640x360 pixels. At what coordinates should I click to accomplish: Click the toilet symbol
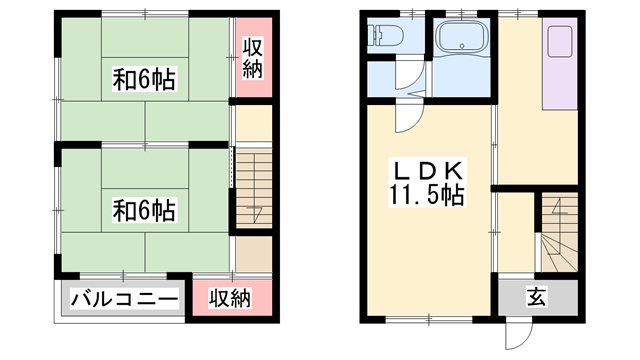coord(385,35)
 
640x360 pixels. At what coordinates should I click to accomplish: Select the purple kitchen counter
coord(560,64)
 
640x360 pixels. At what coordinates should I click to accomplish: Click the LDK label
coord(428,171)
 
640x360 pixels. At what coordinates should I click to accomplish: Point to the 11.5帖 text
coord(427,195)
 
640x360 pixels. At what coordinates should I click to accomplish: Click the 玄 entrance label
coord(536,298)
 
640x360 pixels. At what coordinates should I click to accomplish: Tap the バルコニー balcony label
coord(125,300)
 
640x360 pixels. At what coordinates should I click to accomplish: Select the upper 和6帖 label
coord(144,80)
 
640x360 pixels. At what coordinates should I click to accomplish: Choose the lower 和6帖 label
coord(144,211)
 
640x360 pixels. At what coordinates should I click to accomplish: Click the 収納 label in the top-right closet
coord(252,58)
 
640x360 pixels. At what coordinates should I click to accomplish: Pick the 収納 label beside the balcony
coord(230,298)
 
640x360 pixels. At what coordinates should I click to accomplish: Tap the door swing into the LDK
coord(410,118)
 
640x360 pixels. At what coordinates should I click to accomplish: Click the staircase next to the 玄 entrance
coord(560,232)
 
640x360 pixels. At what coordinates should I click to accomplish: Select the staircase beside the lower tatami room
coord(254,188)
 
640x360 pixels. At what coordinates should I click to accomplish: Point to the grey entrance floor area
coord(538,298)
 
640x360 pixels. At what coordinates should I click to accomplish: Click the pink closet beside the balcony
coord(232,298)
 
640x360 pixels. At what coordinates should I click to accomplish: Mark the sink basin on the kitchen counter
coord(560,42)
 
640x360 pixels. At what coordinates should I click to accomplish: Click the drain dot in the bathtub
coord(462,46)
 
